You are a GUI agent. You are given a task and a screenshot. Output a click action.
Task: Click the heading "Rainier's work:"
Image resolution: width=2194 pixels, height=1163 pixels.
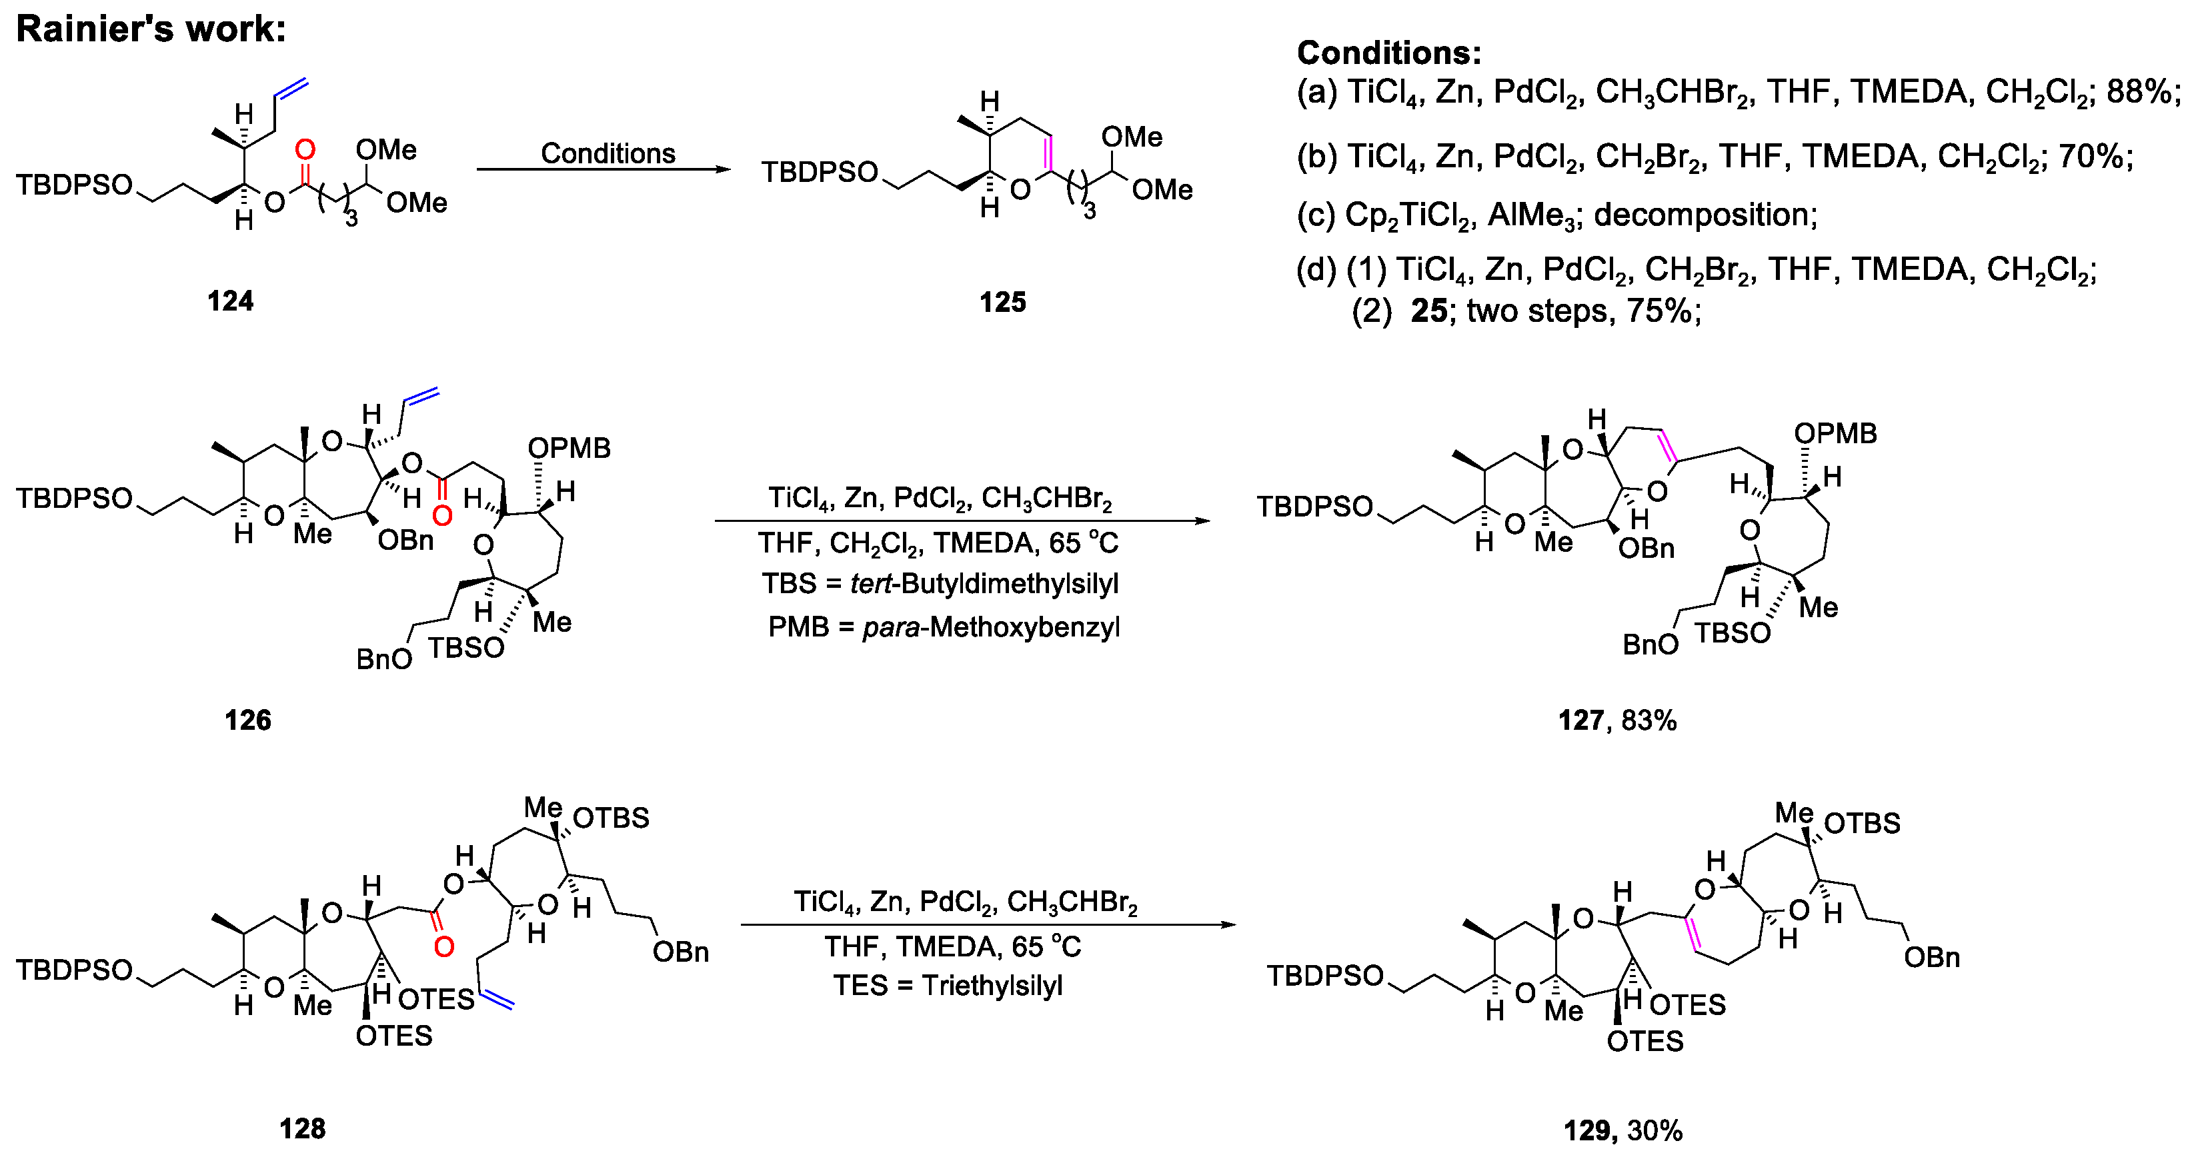151,29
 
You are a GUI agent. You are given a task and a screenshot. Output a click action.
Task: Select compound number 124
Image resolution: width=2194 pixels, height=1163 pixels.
230,301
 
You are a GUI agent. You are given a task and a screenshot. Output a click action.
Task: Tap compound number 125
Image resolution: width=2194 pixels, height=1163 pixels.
1002,301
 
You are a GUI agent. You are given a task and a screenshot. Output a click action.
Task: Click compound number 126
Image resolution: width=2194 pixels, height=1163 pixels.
248,720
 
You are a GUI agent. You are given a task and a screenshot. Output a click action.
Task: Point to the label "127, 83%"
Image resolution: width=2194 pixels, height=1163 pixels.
1617,720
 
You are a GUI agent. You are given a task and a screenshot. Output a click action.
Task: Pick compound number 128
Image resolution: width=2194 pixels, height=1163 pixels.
302,1129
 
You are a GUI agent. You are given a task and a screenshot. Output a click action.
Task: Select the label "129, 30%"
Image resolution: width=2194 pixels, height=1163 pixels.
1622,1130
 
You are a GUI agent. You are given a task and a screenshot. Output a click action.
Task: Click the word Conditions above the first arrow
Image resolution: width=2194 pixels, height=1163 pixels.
608,153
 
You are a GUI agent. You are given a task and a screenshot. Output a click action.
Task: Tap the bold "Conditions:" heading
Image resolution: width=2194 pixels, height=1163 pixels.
1389,53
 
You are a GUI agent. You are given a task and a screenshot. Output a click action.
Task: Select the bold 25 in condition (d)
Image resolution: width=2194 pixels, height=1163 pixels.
1428,311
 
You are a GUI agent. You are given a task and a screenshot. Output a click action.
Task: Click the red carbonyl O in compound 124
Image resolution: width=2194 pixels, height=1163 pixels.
304,151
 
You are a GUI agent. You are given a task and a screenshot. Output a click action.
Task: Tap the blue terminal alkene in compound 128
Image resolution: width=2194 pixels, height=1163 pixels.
497,1000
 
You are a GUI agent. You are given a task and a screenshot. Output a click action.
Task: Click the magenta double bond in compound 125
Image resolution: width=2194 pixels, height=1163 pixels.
1049,154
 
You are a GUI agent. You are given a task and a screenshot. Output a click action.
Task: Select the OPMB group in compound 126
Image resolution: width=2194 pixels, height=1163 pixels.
569,448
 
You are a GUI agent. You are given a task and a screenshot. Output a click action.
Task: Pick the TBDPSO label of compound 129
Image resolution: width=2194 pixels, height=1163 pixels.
1324,976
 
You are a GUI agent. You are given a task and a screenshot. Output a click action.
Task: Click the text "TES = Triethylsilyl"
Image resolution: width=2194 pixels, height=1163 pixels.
948,986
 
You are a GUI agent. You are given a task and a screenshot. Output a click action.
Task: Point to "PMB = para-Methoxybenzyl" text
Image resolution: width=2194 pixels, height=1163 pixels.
944,627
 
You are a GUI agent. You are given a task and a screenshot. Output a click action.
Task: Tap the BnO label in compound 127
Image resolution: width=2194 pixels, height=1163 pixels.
1650,644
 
